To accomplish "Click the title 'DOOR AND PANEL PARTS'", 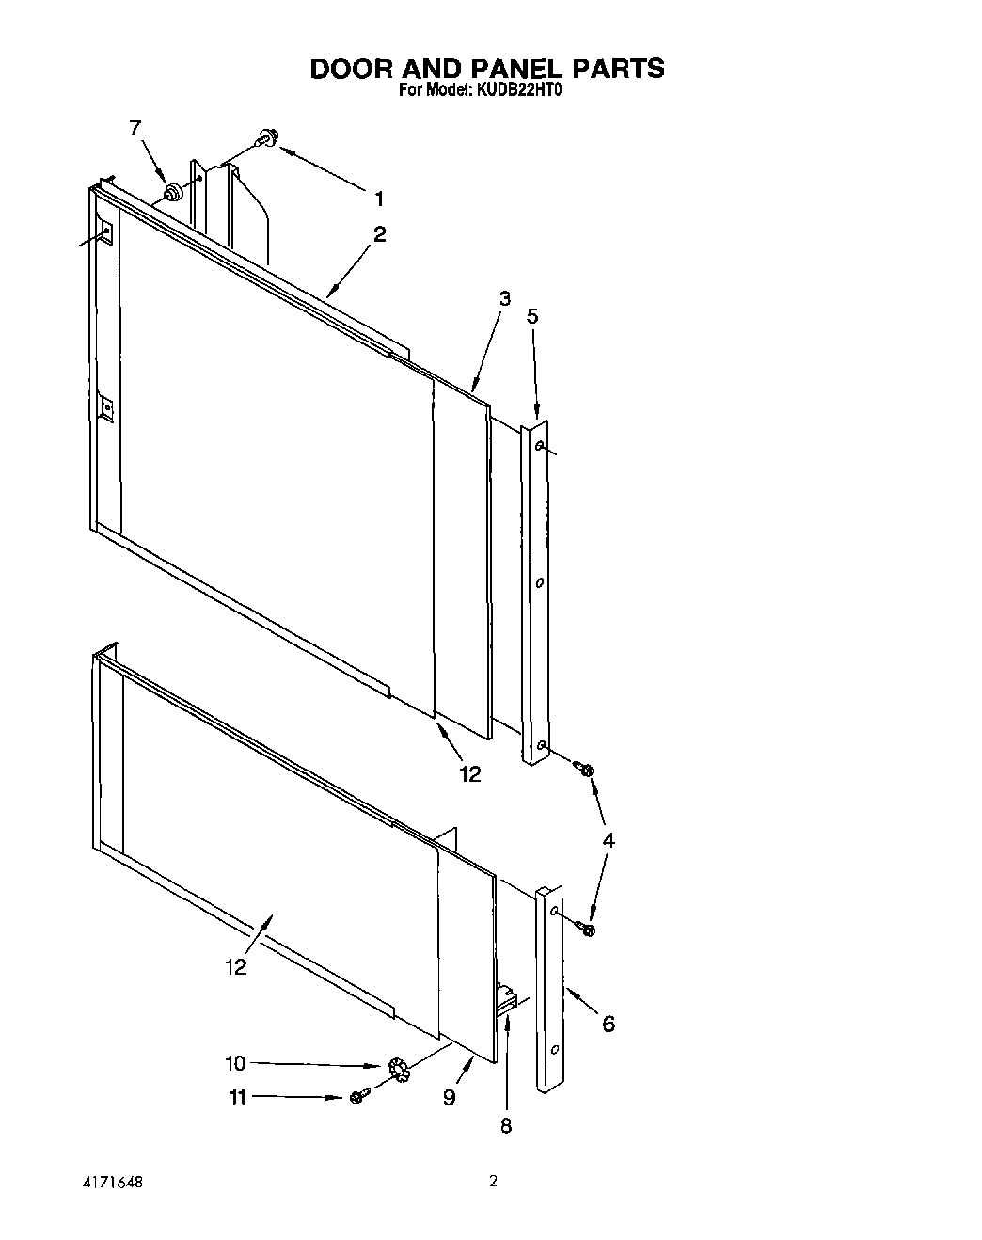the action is pyautogui.click(x=487, y=69).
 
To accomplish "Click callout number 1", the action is pyautogui.click(x=378, y=199).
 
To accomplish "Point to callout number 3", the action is pyautogui.click(x=505, y=298).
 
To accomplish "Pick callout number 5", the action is pyautogui.click(x=532, y=316).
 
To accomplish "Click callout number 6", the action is pyautogui.click(x=609, y=1024).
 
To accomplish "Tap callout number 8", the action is pyautogui.click(x=506, y=1125).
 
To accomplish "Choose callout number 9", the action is pyautogui.click(x=450, y=1097).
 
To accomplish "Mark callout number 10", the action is pyautogui.click(x=234, y=1064).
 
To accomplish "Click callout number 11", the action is pyautogui.click(x=238, y=1097).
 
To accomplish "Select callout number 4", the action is pyautogui.click(x=609, y=840).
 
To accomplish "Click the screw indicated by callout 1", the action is pyautogui.click(x=264, y=140).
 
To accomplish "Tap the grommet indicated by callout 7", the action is pyautogui.click(x=172, y=193).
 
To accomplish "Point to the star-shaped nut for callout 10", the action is pyautogui.click(x=397, y=1070).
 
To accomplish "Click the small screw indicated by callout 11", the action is pyautogui.click(x=356, y=1097).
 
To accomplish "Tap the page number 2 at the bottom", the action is pyautogui.click(x=492, y=1181).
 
